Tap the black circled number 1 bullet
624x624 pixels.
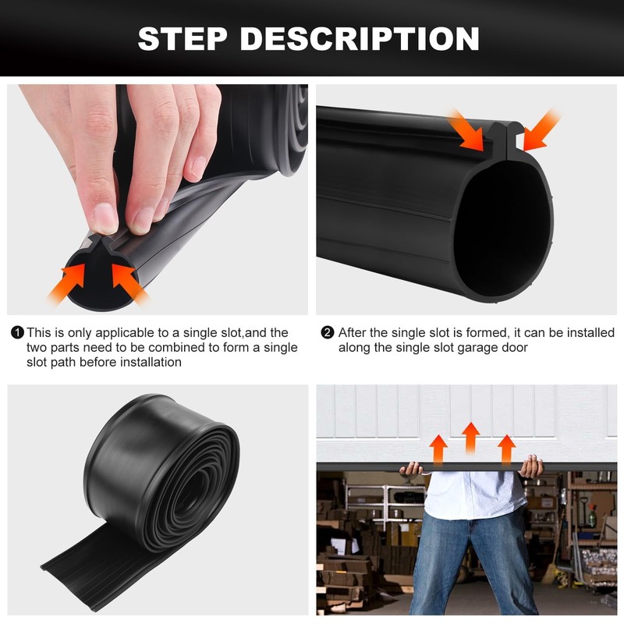[x=17, y=333]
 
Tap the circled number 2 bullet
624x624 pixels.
[x=328, y=333]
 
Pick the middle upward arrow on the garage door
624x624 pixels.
[x=470, y=437]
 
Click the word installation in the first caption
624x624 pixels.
[x=146, y=362]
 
